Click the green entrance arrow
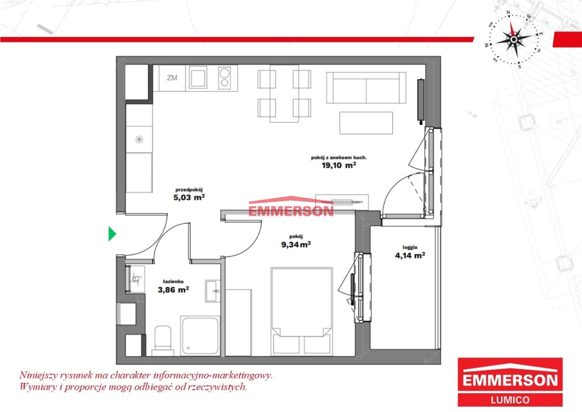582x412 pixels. coord(112,234)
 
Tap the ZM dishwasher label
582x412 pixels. coord(172,77)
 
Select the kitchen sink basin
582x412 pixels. coord(198,77)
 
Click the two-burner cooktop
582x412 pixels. coord(225,77)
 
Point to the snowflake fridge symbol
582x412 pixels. coord(139,140)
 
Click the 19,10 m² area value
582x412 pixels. coord(339,165)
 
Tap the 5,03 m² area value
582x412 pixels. coord(189,197)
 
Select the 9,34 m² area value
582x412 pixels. coord(296,244)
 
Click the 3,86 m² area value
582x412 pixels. coord(173,290)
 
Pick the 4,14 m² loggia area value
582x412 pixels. coord(410,255)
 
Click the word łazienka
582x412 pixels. coord(173,281)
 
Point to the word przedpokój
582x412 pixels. coord(189,190)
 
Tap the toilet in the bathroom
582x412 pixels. coord(163,341)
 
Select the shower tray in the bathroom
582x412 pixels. coord(200,336)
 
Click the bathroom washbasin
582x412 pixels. coord(213,291)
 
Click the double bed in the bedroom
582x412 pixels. coord(301,311)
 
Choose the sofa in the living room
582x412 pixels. coord(366,88)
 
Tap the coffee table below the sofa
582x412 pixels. coord(366,123)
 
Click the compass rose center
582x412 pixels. coord(514,40)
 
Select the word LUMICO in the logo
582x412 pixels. coord(510,400)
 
